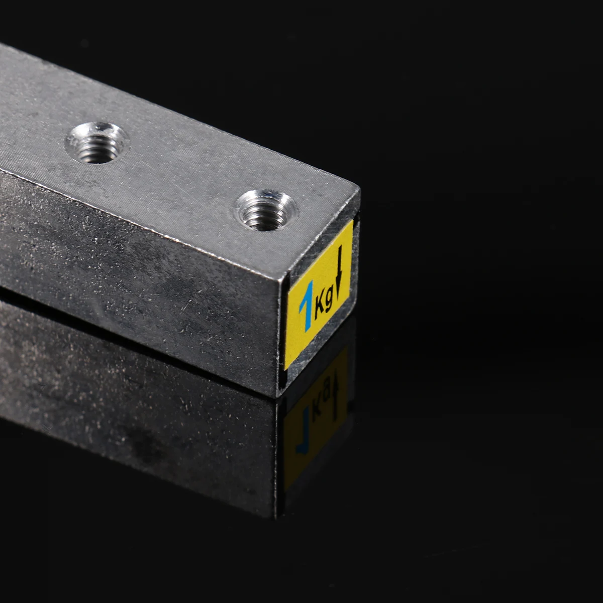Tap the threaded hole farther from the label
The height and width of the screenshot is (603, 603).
96,142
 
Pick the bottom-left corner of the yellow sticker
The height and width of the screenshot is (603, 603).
285,369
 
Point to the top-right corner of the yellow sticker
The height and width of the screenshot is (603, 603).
352,222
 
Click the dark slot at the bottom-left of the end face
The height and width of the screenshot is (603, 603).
282,381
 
